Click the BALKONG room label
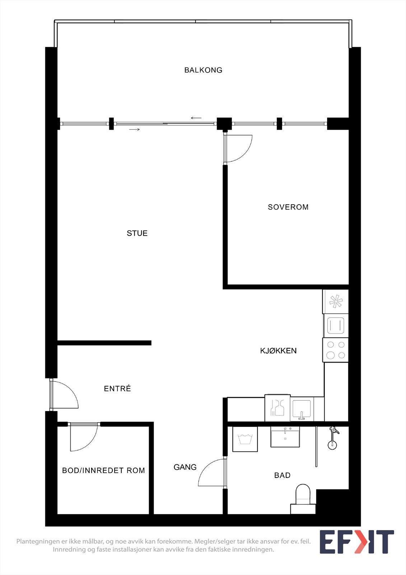pos(203,70)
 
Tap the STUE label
pos(137,233)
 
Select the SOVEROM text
pos(288,207)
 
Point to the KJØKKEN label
pos(278,351)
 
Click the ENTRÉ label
pos(117,388)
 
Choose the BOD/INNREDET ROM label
pos(103,470)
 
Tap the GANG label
pos(185,467)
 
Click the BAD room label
pos(282,475)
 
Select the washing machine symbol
pos(245,439)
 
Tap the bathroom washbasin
pos(285,437)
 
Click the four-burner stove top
pos(336,350)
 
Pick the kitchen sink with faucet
pos(302,409)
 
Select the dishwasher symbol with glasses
pos(277,408)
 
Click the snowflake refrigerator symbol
pos(336,301)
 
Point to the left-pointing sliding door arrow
pos(196,118)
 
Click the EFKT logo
pos(356,542)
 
